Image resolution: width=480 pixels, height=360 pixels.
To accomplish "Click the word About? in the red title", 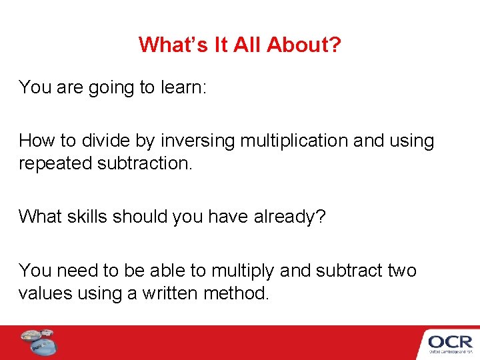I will [x=304, y=45].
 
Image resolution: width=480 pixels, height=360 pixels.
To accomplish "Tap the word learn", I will [x=181, y=87].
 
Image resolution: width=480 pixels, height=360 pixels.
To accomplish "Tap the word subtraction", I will [x=143, y=163].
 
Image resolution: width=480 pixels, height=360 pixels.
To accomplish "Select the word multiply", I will [x=243, y=271].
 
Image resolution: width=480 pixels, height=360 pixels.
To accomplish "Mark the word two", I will [x=401, y=271].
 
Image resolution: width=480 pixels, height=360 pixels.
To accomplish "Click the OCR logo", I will [x=450, y=343].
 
